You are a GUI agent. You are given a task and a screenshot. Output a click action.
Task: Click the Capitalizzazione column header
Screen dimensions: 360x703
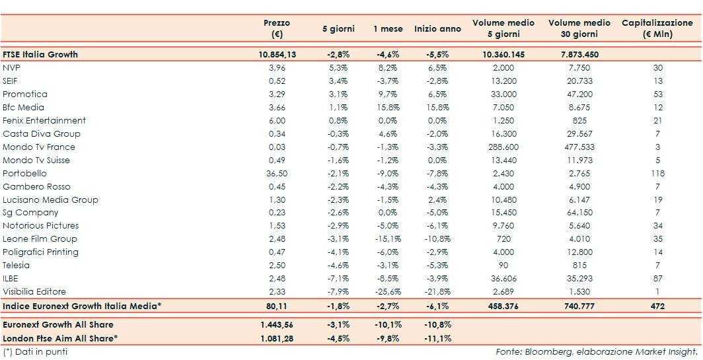(x=657, y=28)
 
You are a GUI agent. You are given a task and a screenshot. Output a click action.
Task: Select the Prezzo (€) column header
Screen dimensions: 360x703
(x=277, y=28)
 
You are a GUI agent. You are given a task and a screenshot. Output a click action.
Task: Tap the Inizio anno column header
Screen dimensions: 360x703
(x=438, y=29)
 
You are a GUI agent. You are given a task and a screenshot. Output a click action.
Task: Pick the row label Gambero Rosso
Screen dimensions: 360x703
(x=36, y=186)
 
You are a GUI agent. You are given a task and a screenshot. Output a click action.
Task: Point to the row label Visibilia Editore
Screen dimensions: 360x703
(x=34, y=291)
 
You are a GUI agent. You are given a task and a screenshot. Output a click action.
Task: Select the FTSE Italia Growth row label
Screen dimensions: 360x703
(x=40, y=54)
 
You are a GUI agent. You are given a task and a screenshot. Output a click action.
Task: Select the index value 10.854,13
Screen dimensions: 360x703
(x=277, y=54)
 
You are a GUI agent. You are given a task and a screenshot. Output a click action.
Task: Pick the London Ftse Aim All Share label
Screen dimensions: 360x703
(x=59, y=338)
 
